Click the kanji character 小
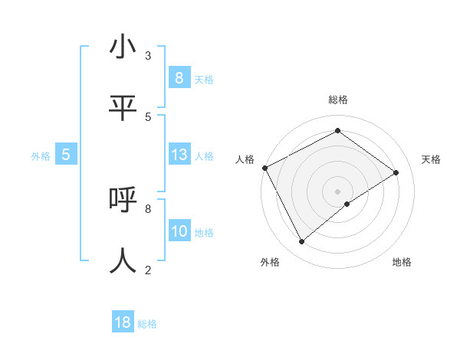[x=123, y=47]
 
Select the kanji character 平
[x=123, y=108]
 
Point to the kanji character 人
[x=123, y=260]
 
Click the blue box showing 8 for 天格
[x=179, y=77]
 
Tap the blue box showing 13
[x=179, y=155]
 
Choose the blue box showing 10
[x=179, y=231]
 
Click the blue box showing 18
[x=123, y=322]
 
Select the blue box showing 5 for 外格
[x=66, y=155]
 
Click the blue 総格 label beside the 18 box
[x=147, y=324]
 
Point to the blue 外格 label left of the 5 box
[x=41, y=155]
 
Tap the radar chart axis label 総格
[x=338, y=100]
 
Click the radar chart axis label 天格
[x=431, y=159]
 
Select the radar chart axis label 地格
[x=402, y=262]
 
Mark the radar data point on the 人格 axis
[x=264, y=168]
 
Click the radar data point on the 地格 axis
[x=347, y=204]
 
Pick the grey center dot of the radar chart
[x=338, y=191]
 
